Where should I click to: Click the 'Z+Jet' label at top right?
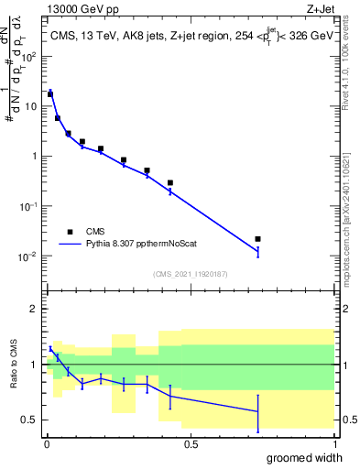318,8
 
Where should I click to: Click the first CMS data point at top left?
50,93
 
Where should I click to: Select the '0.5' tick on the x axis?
191,443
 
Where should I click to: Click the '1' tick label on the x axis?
333,443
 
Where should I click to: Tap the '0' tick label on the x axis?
47,443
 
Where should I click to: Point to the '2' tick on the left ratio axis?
35,309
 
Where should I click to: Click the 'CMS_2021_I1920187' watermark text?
191,274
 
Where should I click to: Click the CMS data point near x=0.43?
170,182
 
